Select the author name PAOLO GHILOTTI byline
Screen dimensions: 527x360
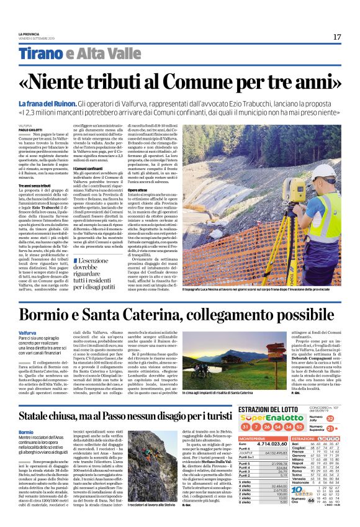32,129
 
